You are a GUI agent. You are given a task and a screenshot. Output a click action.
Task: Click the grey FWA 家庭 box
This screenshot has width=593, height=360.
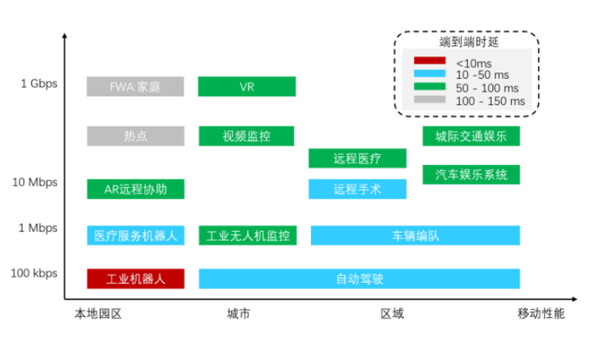tap(136, 86)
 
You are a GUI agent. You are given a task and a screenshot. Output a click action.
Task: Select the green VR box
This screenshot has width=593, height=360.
tap(247, 86)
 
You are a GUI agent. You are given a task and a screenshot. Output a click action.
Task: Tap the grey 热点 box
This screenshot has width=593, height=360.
tap(136, 136)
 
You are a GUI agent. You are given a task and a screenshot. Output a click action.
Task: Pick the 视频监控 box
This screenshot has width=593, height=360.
tap(247, 136)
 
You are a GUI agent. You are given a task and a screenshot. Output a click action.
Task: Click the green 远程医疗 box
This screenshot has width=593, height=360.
tap(357, 158)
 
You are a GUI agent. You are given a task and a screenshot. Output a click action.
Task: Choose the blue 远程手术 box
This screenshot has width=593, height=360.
tap(357, 189)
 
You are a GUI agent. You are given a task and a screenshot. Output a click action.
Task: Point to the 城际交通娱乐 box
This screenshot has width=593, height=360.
tap(471, 136)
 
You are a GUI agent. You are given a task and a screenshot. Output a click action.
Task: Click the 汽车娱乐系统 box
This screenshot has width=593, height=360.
tap(471, 175)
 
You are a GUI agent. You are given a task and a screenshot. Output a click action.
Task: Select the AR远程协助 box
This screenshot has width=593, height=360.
tap(136, 189)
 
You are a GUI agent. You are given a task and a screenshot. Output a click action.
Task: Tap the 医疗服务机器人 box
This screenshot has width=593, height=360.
tap(136, 235)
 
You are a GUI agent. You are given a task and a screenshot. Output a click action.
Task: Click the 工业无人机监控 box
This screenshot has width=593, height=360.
tap(247, 235)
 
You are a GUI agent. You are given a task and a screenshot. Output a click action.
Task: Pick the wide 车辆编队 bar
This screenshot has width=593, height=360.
tap(415, 235)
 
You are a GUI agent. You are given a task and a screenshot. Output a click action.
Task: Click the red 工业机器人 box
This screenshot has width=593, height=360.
tap(136, 278)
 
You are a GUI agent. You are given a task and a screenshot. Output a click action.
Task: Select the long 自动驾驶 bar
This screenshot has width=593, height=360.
tap(359, 278)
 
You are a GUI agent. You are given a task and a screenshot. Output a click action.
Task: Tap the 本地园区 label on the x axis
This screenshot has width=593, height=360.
tap(98, 314)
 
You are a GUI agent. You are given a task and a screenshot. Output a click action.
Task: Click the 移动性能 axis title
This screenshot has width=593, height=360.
tap(540, 314)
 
